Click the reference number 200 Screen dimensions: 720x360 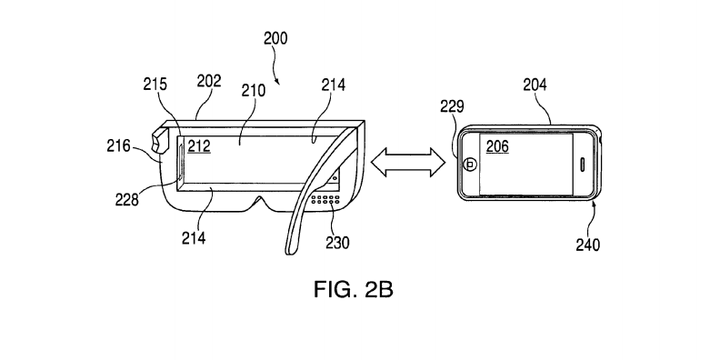(x=275, y=38)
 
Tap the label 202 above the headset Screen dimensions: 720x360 (x=209, y=81)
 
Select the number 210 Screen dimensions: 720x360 (x=253, y=91)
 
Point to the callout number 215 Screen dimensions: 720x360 (x=155, y=85)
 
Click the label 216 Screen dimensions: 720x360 (x=119, y=146)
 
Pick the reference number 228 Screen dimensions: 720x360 (x=126, y=199)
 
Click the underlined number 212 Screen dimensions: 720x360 (x=199, y=146)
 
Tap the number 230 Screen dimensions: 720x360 (x=337, y=242)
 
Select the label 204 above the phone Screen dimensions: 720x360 (x=535, y=85)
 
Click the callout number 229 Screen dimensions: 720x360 (x=453, y=106)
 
